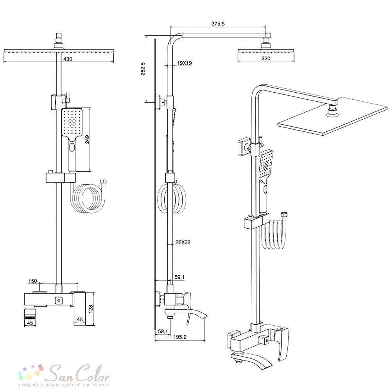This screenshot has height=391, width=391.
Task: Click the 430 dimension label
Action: tap(68, 59)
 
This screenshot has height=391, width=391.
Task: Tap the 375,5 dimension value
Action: tap(218, 24)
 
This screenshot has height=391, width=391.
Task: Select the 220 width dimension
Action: tap(266, 58)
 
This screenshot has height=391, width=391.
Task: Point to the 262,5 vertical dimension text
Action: tap(143, 69)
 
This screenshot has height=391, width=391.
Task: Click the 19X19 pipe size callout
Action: tap(184, 63)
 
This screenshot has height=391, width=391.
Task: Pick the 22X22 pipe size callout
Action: tap(183, 242)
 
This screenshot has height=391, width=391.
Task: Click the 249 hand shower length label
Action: tap(87, 140)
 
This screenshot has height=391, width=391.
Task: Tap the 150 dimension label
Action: tap(33, 281)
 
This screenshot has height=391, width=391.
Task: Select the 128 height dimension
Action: tap(91, 309)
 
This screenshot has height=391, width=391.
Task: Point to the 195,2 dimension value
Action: tap(180, 337)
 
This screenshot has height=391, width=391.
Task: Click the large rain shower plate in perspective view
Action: tap(332, 117)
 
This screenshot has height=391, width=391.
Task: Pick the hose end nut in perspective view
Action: tap(284, 215)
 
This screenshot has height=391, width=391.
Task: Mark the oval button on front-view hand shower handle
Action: tap(72, 147)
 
